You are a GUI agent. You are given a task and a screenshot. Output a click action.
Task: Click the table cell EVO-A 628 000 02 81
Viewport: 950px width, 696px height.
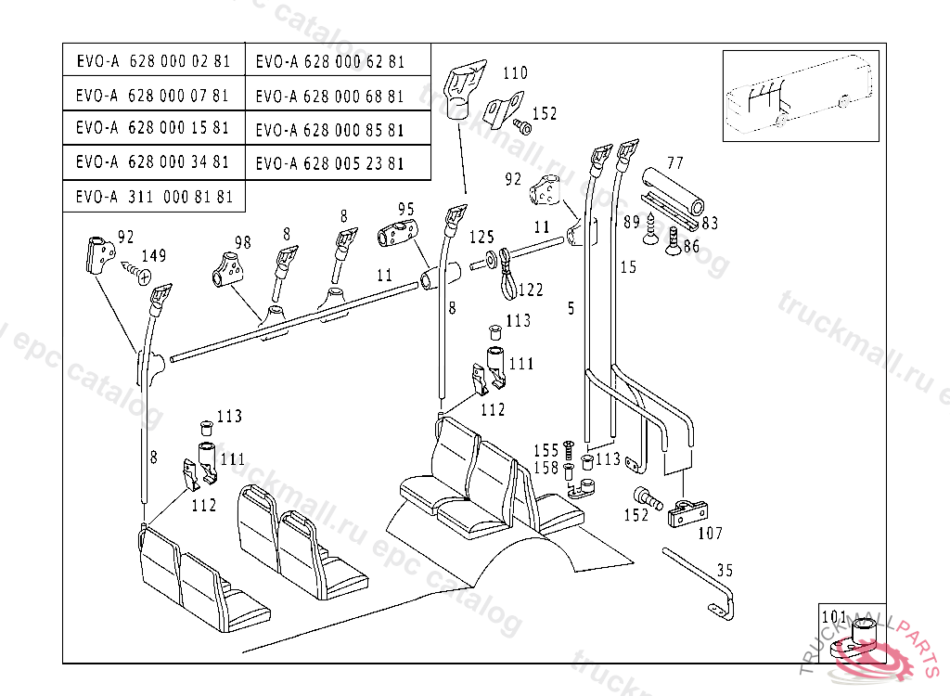click(x=154, y=59)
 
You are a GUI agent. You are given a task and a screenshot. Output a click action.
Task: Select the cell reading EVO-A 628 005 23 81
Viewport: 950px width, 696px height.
click(x=338, y=162)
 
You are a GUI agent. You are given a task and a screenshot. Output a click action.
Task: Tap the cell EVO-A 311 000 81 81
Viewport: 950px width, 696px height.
click(x=154, y=197)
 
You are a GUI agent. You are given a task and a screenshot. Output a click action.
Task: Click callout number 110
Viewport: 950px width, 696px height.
click(x=515, y=73)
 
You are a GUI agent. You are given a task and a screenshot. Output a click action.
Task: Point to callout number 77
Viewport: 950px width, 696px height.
click(x=675, y=162)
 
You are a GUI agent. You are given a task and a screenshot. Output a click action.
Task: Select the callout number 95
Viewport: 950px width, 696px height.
click(x=406, y=209)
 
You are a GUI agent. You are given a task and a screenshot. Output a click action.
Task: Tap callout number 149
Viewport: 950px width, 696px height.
click(x=154, y=255)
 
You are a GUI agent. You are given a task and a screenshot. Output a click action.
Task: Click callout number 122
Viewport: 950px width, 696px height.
click(x=531, y=290)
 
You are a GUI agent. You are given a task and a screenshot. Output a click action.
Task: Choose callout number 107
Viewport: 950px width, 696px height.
click(x=710, y=533)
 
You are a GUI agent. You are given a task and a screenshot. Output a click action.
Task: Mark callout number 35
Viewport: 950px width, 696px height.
click(x=725, y=570)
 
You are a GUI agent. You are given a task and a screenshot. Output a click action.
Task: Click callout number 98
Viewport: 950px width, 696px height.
click(x=242, y=242)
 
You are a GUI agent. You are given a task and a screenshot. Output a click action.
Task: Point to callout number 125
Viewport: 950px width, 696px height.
click(x=481, y=237)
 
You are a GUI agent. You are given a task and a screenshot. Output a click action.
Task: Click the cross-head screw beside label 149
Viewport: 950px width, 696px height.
click(x=137, y=272)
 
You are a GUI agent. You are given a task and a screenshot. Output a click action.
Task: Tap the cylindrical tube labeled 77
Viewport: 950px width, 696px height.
click(x=673, y=189)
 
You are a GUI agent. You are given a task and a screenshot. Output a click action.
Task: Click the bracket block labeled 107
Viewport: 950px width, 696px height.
click(x=687, y=513)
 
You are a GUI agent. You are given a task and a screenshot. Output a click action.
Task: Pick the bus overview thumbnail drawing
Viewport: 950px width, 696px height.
click(x=801, y=96)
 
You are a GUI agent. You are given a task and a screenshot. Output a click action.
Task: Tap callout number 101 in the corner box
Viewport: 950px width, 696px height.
click(x=834, y=616)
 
